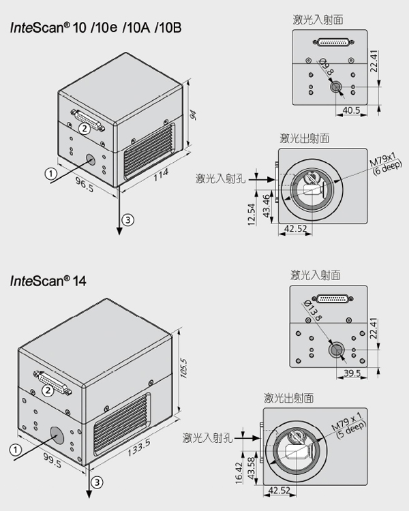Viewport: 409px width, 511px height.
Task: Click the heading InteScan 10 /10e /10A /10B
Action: pyautogui.click(x=95, y=28)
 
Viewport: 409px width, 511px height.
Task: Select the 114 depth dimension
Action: pyautogui.click(x=161, y=176)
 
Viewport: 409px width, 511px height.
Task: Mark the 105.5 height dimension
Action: pyautogui.click(x=182, y=371)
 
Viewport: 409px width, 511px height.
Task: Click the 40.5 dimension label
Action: pyautogui.click(x=352, y=110)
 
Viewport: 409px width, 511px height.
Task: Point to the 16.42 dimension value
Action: pyautogui.click(x=238, y=473)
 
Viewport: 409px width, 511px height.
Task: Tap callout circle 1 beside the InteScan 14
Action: pyautogui.click(x=14, y=449)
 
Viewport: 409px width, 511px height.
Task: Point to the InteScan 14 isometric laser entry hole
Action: pyautogui.click(x=55, y=433)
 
